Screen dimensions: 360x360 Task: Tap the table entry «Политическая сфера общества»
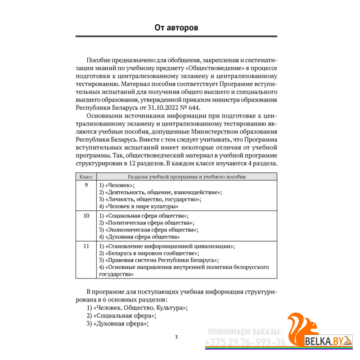point(149,223)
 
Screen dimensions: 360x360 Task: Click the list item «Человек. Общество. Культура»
point(140,308)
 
